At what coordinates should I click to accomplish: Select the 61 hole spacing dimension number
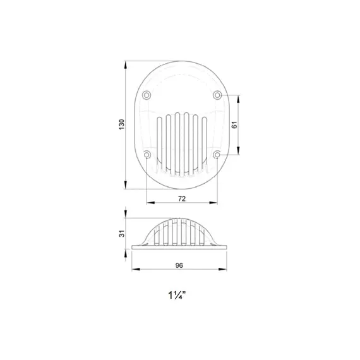(234, 125)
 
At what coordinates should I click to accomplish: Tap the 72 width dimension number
(182, 199)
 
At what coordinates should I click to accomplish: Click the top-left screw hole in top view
(147, 95)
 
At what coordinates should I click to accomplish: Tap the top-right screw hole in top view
(217, 95)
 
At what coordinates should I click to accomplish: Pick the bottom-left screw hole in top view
(147, 155)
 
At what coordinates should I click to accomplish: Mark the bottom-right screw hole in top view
(217, 155)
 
